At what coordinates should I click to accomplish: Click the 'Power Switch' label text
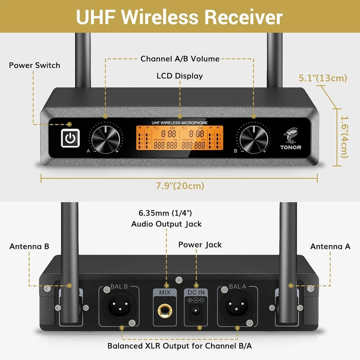point(34,65)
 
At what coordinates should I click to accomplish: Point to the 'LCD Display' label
point(180,76)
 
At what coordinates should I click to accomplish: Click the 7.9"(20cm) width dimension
point(180,186)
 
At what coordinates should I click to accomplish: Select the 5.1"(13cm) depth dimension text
point(323,78)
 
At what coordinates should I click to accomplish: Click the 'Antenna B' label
point(29,246)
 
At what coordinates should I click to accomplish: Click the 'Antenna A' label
point(330,246)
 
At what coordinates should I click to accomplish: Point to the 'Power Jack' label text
point(200,245)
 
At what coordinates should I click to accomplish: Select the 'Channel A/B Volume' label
point(180,58)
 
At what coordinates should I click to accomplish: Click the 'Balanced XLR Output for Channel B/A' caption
point(180,346)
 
